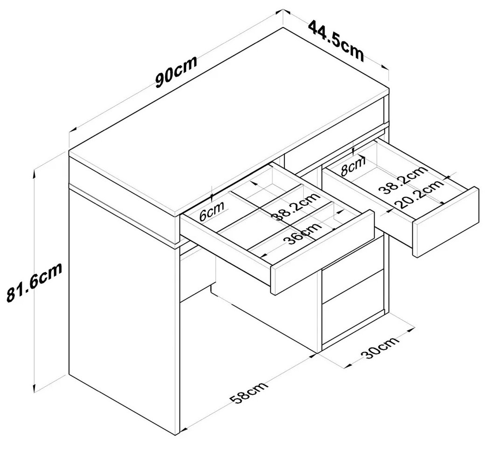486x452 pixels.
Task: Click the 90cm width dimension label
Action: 176,72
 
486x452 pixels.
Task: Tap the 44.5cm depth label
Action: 336,40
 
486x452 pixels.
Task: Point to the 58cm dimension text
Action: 249,393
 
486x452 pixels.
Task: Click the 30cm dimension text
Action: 380,348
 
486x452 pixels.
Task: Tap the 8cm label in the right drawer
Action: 353,167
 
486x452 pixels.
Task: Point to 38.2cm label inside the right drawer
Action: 403,180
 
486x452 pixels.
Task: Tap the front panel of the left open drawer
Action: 322,252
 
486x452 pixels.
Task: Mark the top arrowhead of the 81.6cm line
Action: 35,173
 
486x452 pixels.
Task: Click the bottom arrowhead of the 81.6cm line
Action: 35,389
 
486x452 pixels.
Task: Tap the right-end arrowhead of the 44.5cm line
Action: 385,67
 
